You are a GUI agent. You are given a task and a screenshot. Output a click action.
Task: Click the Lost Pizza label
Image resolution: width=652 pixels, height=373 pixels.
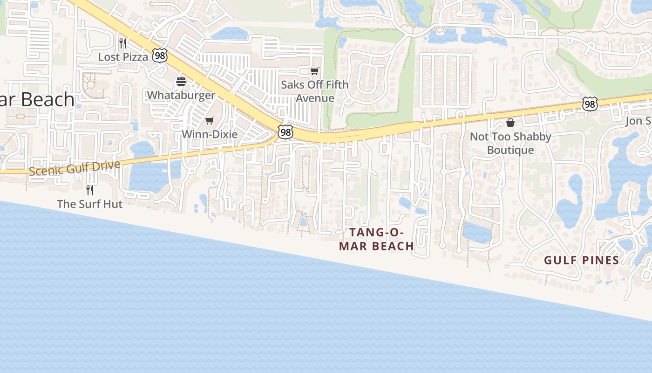123,57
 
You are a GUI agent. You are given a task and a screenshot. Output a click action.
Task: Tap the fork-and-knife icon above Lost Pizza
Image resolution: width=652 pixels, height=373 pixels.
123,43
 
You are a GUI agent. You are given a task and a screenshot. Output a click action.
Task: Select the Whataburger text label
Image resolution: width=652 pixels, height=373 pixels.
181,95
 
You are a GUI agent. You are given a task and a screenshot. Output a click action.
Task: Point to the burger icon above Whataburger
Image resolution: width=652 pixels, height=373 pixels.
181,82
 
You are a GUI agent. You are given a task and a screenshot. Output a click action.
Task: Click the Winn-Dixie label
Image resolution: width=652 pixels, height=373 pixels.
210,134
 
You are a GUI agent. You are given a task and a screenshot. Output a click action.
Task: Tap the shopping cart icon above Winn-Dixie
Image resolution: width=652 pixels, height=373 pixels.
210,121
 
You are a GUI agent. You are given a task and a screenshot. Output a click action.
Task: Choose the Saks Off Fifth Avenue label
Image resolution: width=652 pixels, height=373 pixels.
315,91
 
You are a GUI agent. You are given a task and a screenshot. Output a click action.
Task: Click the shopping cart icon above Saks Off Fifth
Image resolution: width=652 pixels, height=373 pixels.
315,71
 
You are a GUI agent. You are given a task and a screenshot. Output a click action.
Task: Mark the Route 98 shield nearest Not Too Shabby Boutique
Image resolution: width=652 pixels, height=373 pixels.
590,104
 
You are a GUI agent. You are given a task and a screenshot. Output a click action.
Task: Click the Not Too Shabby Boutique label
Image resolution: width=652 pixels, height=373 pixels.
510,143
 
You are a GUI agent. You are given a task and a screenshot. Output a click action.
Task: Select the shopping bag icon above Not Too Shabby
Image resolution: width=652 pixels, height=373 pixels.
510,123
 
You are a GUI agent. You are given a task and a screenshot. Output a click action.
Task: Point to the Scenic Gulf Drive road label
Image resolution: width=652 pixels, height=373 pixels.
75,168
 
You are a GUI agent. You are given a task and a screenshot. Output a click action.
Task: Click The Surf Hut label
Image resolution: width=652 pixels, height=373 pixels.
90,204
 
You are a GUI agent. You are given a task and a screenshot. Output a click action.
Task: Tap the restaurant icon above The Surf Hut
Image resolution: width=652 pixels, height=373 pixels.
90,190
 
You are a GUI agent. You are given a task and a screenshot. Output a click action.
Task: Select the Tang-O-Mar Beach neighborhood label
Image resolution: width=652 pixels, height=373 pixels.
376,239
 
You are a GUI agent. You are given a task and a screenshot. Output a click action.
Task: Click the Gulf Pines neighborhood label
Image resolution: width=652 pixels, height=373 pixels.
582,261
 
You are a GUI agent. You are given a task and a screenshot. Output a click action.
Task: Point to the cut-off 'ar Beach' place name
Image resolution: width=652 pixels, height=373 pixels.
37,100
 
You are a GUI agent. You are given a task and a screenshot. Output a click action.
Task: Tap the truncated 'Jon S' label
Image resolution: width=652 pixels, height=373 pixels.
638,121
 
